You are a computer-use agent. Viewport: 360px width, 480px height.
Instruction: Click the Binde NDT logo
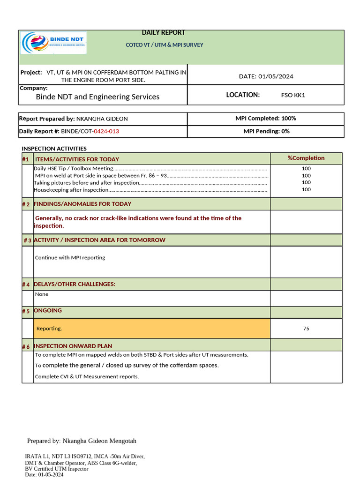53,43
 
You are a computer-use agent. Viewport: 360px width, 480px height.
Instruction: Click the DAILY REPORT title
163,33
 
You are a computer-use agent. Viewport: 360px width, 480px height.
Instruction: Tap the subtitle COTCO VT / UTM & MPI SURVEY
164,45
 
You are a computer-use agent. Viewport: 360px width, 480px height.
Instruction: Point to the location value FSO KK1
293,95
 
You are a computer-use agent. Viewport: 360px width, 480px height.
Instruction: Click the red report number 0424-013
106,132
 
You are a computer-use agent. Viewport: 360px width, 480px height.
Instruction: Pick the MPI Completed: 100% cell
265,119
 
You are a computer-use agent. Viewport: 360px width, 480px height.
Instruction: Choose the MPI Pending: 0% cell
266,132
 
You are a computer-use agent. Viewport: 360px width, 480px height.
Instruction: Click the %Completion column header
306,158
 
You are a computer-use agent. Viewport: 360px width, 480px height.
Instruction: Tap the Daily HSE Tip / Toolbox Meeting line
74,168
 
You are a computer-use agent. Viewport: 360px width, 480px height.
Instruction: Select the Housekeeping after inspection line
71,190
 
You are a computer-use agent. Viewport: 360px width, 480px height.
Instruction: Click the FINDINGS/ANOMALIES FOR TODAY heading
82,204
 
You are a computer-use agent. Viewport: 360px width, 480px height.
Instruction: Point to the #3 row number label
27,240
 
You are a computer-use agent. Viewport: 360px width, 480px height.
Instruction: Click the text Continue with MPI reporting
70,257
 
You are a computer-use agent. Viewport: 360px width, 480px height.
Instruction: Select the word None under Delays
42,294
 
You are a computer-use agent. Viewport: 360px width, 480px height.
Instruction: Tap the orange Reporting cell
151,329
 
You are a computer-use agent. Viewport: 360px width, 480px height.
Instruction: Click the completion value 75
306,329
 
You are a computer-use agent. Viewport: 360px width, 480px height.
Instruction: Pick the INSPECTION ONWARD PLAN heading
73,346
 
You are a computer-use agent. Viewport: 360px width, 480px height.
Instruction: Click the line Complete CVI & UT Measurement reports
87,377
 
